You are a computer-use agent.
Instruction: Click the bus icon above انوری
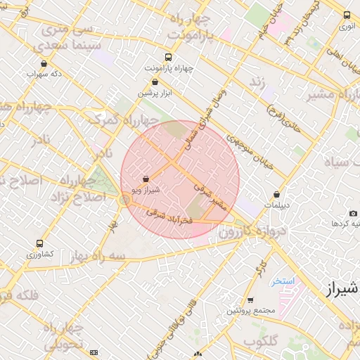(x=347, y=15)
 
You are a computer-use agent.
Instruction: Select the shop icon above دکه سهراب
(x=44, y=63)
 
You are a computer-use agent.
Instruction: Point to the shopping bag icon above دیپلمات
(x=277, y=195)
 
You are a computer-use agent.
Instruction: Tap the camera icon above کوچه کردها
(x=353, y=213)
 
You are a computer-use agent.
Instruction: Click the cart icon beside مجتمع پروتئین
(x=250, y=300)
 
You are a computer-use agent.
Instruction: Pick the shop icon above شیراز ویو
(x=146, y=179)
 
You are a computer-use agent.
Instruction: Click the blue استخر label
(x=283, y=281)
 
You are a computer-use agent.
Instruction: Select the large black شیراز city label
(x=343, y=289)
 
